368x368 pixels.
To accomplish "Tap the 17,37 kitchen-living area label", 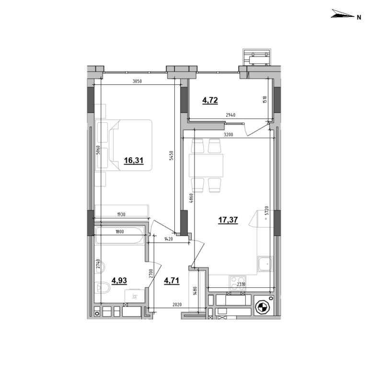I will (x=228, y=220).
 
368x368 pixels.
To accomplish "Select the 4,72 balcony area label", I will (x=210, y=100).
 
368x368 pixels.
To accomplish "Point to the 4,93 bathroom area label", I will (x=120, y=281).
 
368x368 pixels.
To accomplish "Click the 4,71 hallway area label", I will (x=171, y=281).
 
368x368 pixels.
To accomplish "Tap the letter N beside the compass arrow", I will (x=358, y=17).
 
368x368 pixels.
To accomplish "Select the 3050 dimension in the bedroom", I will (x=137, y=81).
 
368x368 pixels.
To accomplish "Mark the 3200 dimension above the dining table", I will (x=228, y=135).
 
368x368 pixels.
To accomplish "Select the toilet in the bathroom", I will (x=103, y=288).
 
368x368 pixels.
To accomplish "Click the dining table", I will (x=207, y=166).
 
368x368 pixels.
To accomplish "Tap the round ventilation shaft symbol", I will (x=262, y=307).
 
